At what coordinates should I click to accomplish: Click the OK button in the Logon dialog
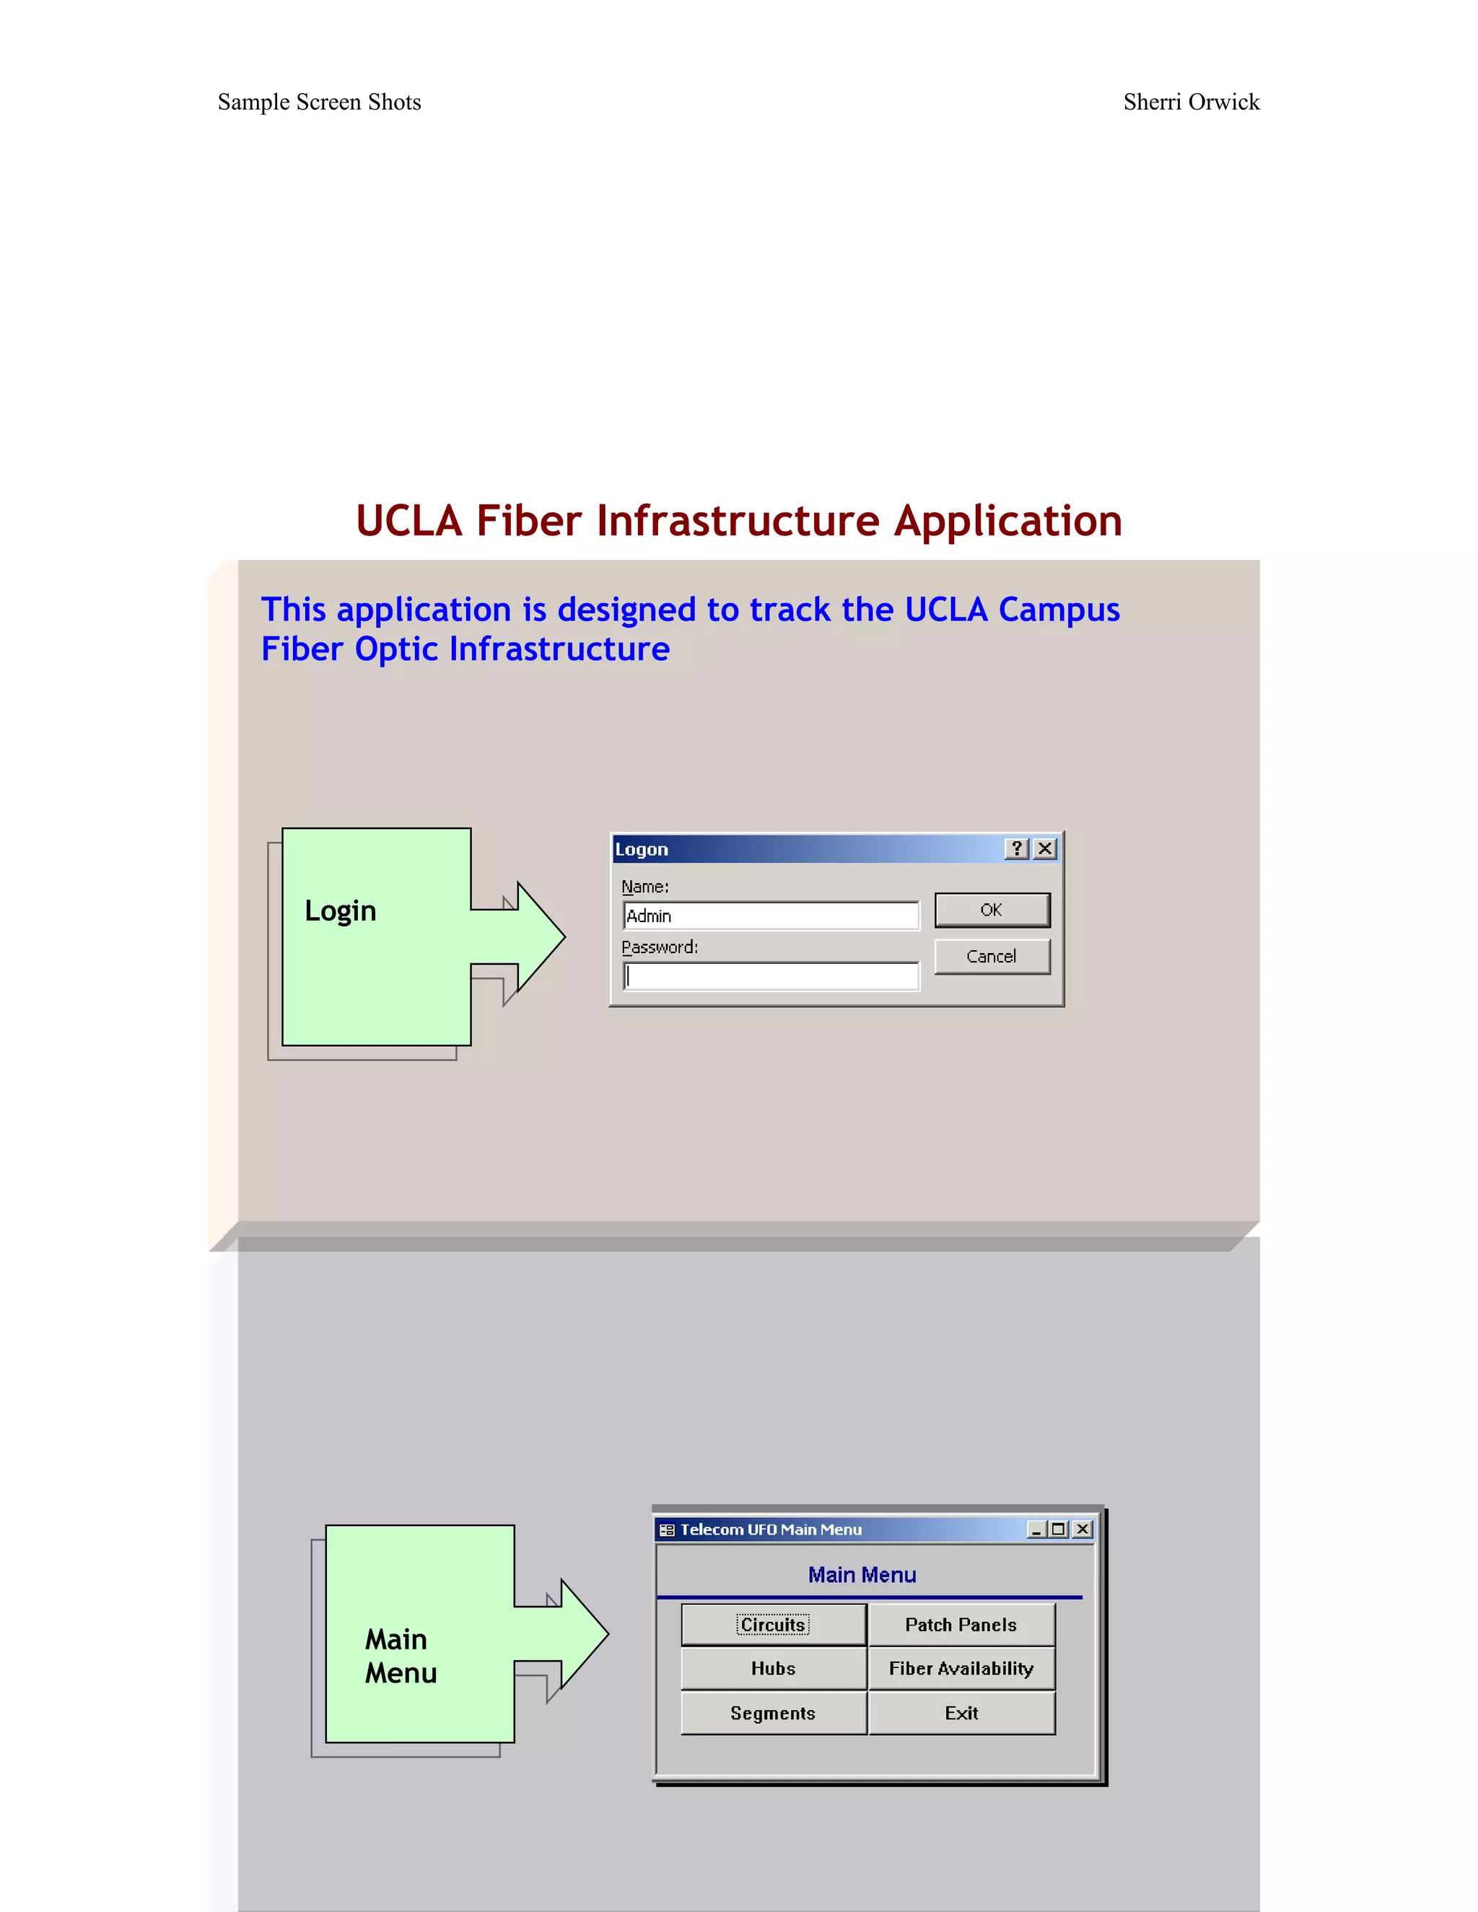click(991, 910)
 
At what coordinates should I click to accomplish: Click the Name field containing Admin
click(771, 916)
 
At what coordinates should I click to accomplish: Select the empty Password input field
click(771, 976)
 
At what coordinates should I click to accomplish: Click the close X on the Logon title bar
click(1044, 848)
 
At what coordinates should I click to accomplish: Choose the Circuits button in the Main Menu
click(773, 1625)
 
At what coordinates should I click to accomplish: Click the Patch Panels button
click(961, 1625)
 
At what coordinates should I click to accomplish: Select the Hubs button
click(773, 1669)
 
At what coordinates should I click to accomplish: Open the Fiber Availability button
click(961, 1669)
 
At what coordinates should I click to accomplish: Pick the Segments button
click(773, 1714)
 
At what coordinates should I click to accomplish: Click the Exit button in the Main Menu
click(961, 1714)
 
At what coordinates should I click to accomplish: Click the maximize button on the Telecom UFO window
click(1059, 1530)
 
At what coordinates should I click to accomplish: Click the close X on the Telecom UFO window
click(1083, 1530)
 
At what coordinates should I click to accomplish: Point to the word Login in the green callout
click(341, 911)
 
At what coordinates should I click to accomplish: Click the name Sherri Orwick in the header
click(1191, 102)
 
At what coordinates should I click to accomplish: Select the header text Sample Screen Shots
click(320, 102)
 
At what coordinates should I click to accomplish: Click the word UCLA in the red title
click(408, 521)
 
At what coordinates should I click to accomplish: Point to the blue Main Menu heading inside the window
click(862, 1575)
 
